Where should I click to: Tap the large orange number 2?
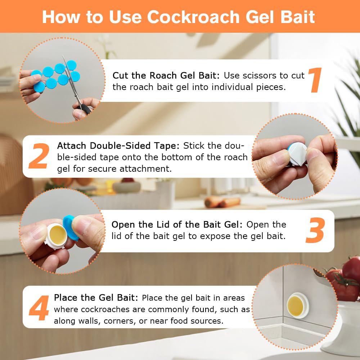[x=39, y=156]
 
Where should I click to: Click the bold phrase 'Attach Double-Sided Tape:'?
[x=119, y=146]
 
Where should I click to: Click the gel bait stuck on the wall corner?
[x=298, y=305]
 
